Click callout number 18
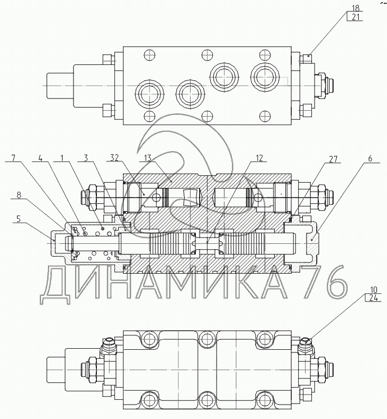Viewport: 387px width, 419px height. coord(356,9)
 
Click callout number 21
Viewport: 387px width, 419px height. coord(356,17)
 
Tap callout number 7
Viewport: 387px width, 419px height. coord(14,158)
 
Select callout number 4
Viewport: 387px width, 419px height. coord(40,158)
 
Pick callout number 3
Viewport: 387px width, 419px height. coord(85,158)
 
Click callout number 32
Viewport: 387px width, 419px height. coord(115,158)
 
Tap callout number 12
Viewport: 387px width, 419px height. coord(260,158)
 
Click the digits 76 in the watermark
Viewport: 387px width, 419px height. coord(322,283)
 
